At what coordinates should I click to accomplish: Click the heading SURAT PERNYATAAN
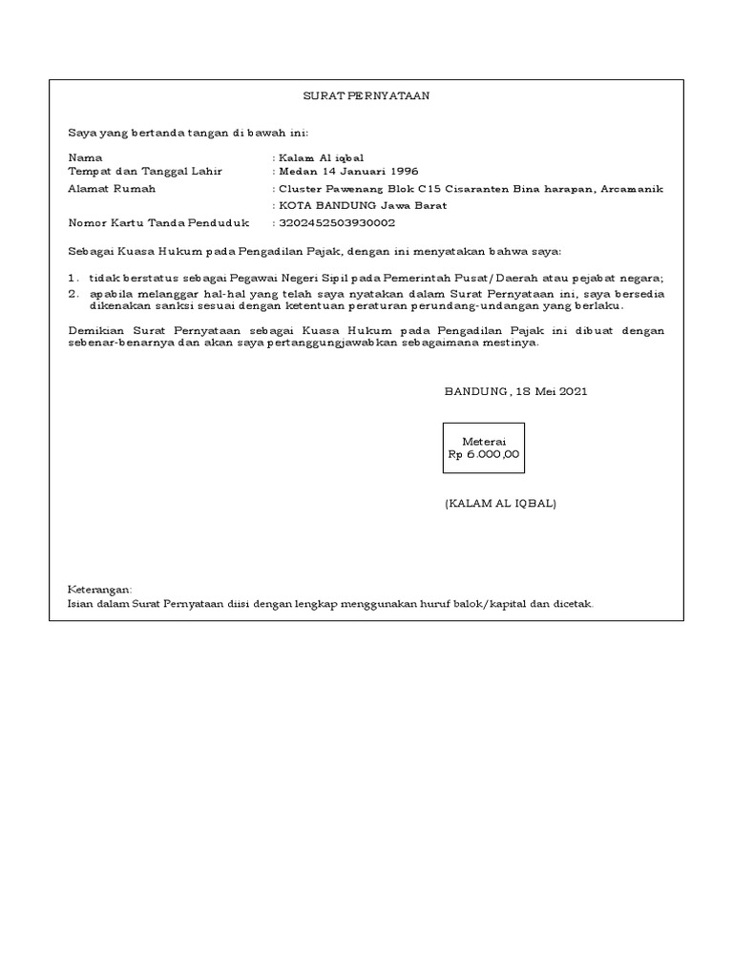(366, 96)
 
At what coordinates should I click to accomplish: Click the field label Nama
(85, 156)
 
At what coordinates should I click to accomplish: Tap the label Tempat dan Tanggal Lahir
(145, 171)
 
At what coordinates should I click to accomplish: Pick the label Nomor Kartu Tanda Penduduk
(158, 223)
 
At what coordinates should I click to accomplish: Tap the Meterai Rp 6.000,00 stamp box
(484, 448)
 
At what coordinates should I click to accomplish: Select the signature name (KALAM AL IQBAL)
(500, 503)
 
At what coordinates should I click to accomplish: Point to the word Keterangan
(100, 590)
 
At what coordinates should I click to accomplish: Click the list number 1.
(73, 278)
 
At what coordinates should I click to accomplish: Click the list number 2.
(73, 294)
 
